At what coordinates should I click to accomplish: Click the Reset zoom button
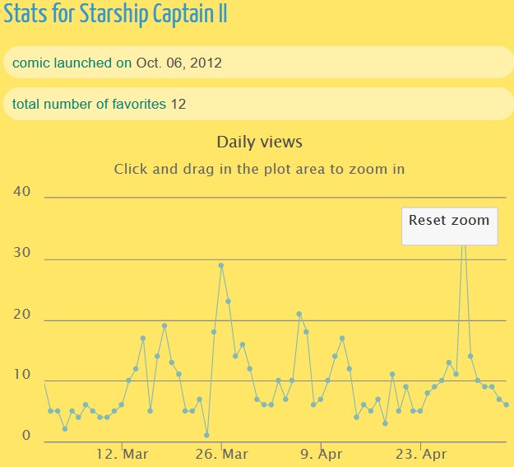[x=449, y=221]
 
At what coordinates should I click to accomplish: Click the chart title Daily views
[x=259, y=142]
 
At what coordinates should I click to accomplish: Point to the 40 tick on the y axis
[x=22, y=192]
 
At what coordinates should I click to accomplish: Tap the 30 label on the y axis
[x=22, y=254]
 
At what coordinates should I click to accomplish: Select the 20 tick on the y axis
[x=22, y=315]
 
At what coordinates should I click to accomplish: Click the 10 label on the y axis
[x=22, y=376]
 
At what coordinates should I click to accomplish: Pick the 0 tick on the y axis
[x=26, y=436]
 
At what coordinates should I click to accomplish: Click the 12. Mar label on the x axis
[x=122, y=455]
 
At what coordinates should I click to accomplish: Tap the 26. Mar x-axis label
[x=222, y=455]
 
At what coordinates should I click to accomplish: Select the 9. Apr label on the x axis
[x=321, y=455]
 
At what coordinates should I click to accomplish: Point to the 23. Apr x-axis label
[x=420, y=455]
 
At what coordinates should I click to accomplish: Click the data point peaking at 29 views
[x=220, y=265]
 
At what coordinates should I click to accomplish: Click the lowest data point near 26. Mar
[x=206, y=435]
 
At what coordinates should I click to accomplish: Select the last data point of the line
[x=506, y=404]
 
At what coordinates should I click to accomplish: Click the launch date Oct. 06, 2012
[x=178, y=63]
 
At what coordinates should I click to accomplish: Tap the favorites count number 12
[x=178, y=105]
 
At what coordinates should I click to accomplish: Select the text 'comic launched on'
[x=72, y=63]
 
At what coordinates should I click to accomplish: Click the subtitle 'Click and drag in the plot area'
[x=259, y=170]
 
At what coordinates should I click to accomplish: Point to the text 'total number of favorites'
[x=89, y=105]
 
